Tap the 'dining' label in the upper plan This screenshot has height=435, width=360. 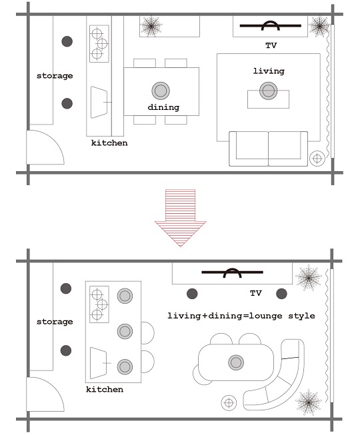[163, 107]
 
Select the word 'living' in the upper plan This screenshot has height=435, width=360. [269, 71]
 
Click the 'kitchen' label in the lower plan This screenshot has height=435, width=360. [105, 389]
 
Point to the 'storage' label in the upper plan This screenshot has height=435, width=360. [55, 76]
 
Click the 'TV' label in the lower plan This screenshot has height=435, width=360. [256, 293]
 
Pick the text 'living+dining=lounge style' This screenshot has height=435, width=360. [241, 316]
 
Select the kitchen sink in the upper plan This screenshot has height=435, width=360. [99, 102]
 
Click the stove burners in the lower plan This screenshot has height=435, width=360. [99, 304]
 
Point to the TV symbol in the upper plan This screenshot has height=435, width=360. [271, 26]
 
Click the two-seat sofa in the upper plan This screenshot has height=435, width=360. [268, 149]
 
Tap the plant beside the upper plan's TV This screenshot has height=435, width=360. [319, 26]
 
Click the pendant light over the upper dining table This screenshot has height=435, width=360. [161, 91]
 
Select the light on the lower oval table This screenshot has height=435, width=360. [236, 362]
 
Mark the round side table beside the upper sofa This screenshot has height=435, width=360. [317, 159]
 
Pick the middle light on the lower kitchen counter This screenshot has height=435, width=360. [125, 331]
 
